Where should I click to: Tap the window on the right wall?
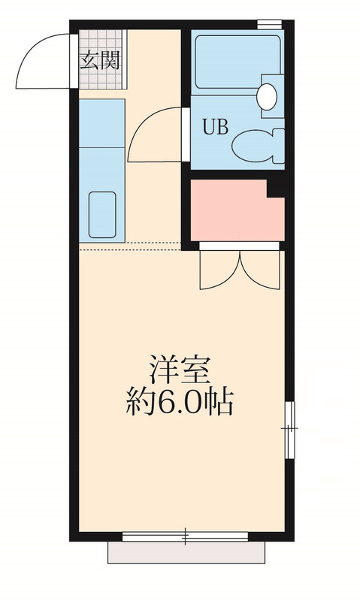tap(290, 428)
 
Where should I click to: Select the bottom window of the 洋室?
tap(185, 536)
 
